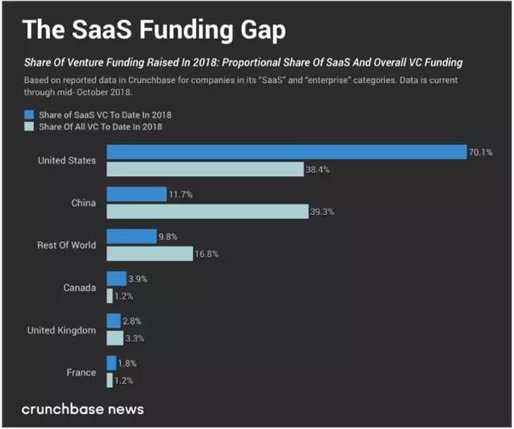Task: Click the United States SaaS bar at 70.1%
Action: pos(286,152)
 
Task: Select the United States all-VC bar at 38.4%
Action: pos(205,169)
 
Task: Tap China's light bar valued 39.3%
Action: pos(207,211)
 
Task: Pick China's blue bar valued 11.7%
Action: pos(136,194)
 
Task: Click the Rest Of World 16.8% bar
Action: pos(149,254)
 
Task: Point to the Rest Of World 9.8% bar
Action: pos(131,236)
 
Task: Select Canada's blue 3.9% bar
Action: pos(116,279)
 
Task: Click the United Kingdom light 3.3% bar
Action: pos(115,338)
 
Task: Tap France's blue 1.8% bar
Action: pos(111,363)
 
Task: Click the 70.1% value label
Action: pos(481,152)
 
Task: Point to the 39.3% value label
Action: pos(321,212)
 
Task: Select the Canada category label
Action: pos(80,287)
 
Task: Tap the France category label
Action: pos(81,372)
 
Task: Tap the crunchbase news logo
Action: pos(82,409)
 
